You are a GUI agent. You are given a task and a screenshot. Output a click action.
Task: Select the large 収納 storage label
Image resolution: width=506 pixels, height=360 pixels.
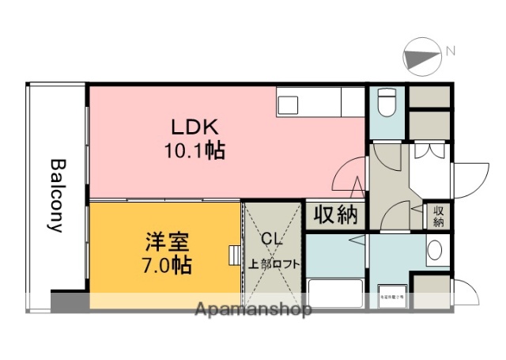(x=335, y=214)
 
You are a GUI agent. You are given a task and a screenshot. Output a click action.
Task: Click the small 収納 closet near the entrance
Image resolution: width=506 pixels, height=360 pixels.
(x=438, y=216)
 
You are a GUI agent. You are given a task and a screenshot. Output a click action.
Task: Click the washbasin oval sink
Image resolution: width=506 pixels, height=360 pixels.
(x=435, y=252)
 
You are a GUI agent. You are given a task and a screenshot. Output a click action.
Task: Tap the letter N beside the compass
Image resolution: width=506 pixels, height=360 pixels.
(x=450, y=51)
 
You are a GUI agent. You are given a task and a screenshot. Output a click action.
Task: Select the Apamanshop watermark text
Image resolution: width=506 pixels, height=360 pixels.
(x=252, y=309)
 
